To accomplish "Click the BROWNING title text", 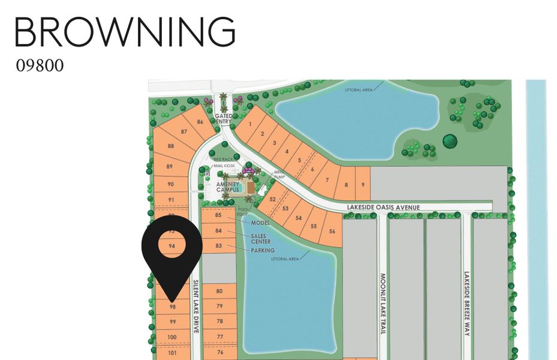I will [x=125, y=32].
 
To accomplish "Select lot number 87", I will [x=184, y=131].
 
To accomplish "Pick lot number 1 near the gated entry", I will [x=249, y=124].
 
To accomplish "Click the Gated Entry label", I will [x=223, y=119].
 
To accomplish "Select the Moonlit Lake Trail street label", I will [x=383, y=304].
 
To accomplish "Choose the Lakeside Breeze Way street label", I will [x=466, y=304].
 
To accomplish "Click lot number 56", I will [x=332, y=232].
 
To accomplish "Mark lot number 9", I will [x=363, y=185].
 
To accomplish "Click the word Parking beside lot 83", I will [x=263, y=250].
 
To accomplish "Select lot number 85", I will [x=218, y=215].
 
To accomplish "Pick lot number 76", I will [x=219, y=352].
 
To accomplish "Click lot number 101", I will [x=172, y=353].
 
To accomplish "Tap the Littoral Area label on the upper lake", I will [x=359, y=90].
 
